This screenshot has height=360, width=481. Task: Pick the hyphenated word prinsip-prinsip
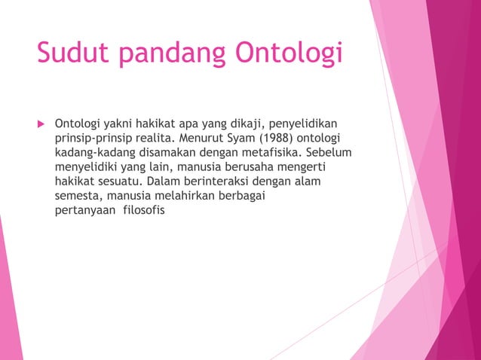91,138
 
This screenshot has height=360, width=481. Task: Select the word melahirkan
173,196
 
